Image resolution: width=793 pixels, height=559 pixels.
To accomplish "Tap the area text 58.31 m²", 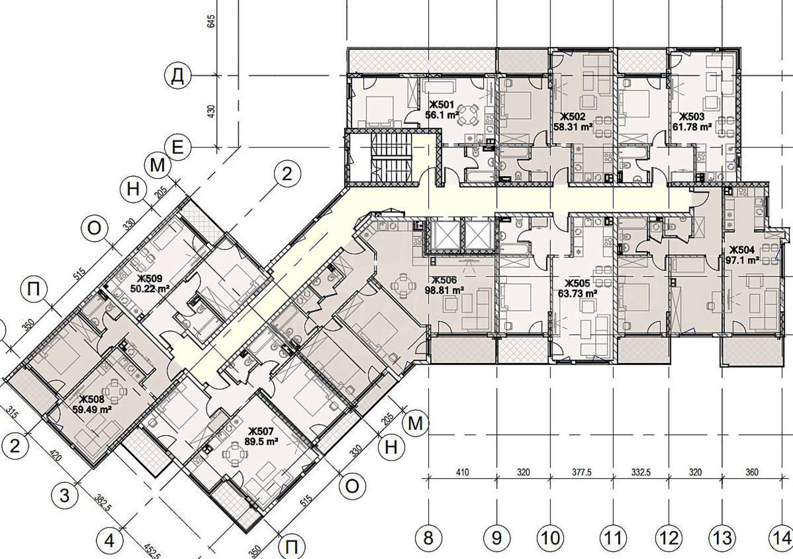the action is click(574, 127).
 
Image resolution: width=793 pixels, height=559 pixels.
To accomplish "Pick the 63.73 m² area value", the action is click(578, 294).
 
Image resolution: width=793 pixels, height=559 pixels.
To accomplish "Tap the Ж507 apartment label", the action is click(261, 432).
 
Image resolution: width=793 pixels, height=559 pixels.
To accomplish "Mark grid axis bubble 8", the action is click(428, 538).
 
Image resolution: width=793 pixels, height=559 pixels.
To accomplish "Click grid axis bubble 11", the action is click(613, 538).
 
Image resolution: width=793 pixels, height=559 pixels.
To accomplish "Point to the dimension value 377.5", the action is click(582, 472).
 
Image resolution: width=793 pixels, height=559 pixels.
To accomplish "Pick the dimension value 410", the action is click(463, 472).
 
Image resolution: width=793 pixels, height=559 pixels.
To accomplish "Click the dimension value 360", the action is click(752, 472).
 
